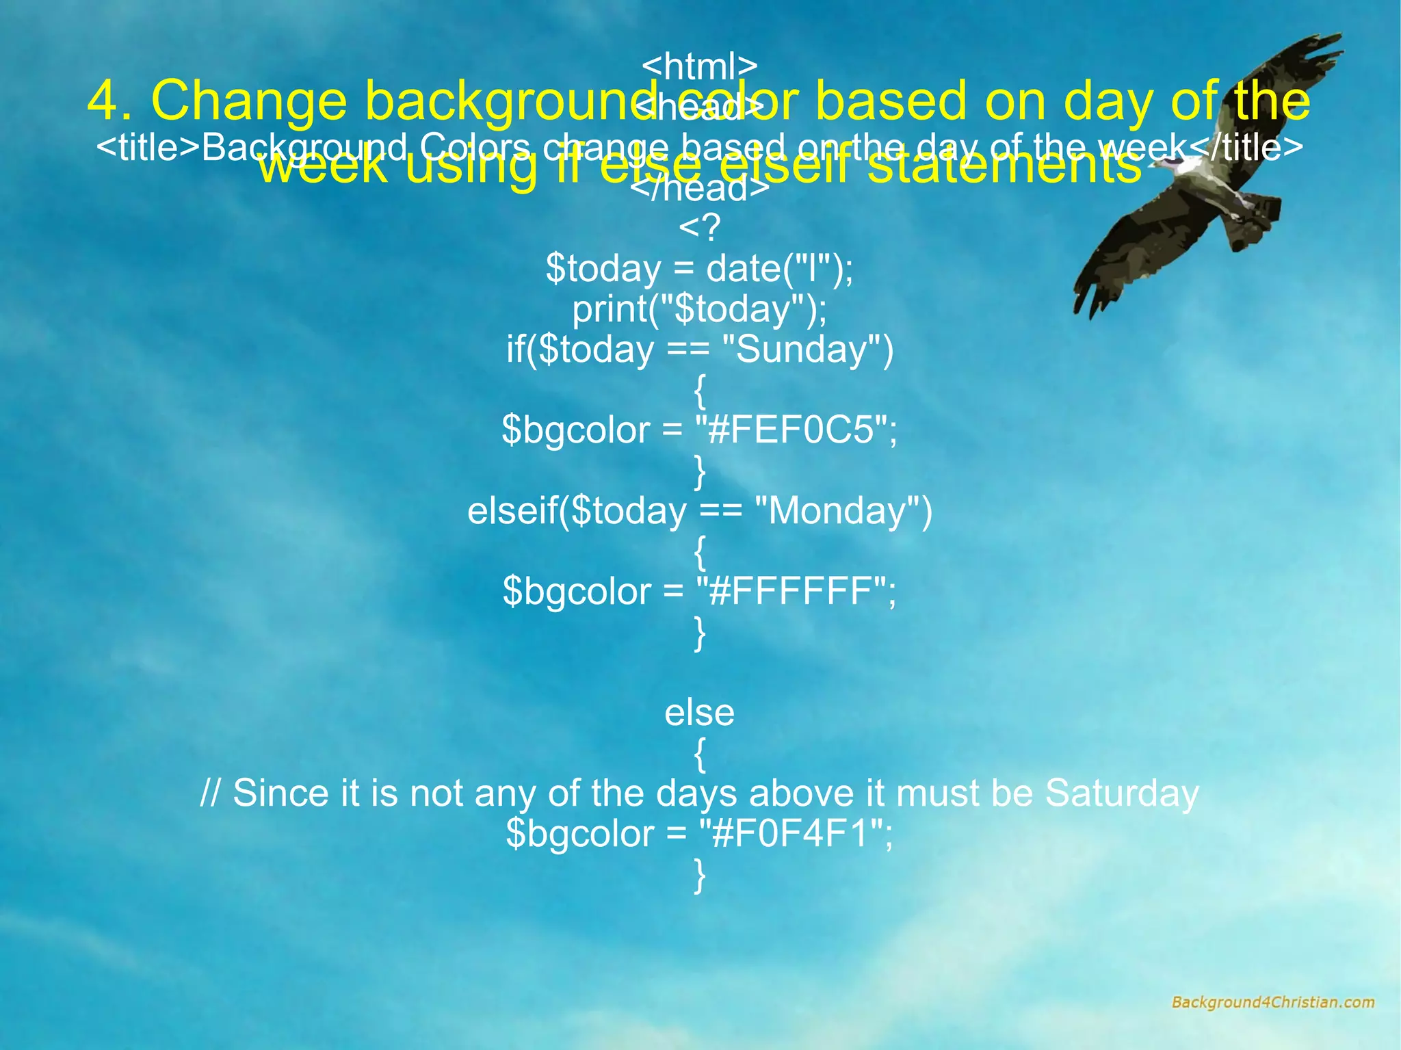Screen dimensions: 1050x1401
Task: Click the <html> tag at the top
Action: (699, 66)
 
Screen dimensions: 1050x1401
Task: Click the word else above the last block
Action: (699, 713)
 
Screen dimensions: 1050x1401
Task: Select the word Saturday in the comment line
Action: (1122, 793)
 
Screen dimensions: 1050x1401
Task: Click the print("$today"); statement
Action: (699, 309)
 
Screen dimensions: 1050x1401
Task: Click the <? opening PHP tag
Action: (699, 228)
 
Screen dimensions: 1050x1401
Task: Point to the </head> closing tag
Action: (699, 189)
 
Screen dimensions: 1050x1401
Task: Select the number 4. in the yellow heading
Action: (109, 101)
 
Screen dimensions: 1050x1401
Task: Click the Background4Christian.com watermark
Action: (1272, 1003)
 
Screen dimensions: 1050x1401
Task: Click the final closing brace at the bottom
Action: (699, 876)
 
